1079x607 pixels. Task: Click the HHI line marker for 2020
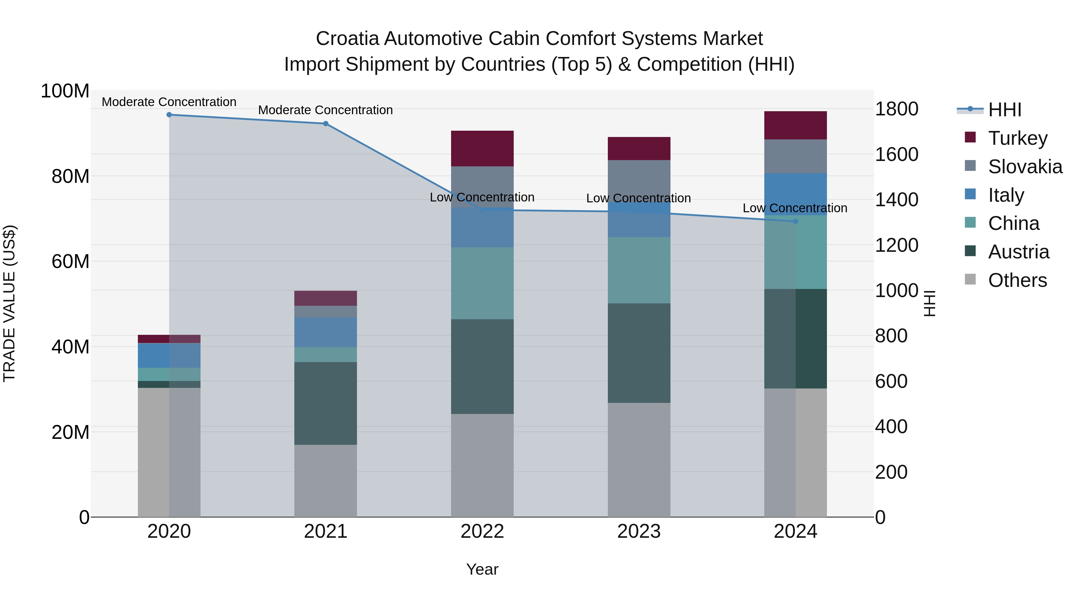tap(169, 115)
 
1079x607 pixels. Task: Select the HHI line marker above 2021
tap(325, 123)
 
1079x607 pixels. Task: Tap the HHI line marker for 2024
tap(795, 221)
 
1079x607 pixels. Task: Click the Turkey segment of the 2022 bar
tap(482, 148)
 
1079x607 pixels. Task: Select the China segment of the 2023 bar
tap(639, 270)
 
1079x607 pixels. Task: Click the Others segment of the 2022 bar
tap(482, 465)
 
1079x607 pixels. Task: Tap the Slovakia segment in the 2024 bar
tap(795, 156)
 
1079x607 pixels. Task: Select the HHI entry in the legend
tap(1004, 110)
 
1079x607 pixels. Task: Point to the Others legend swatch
tap(970, 279)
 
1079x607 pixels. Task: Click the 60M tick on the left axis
tap(70, 261)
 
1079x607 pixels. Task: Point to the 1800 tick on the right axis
tap(896, 109)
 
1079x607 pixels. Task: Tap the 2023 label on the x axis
tap(639, 531)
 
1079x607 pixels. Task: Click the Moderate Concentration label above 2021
tap(325, 110)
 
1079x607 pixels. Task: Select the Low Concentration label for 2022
tap(482, 197)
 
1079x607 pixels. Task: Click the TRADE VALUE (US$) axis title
tap(10, 303)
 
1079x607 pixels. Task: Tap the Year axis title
tap(482, 569)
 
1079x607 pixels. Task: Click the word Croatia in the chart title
tap(347, 39)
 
